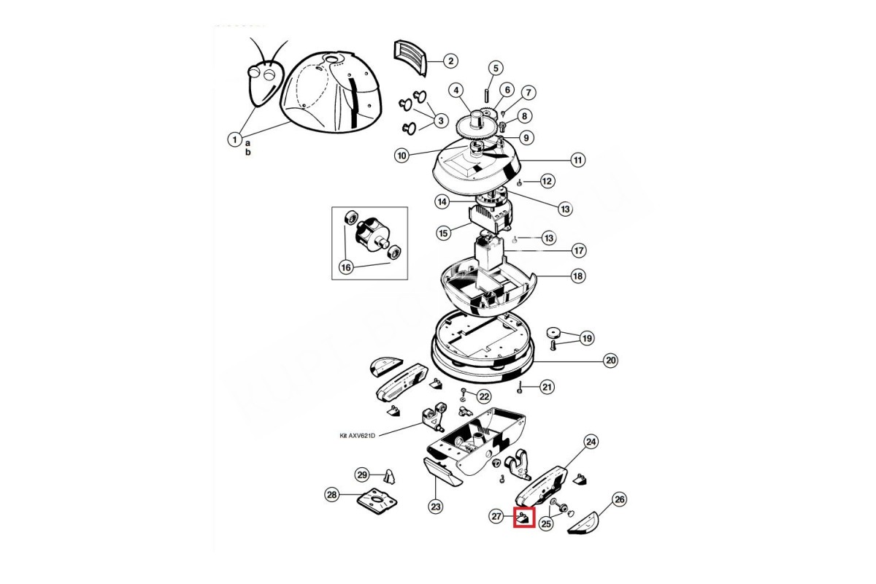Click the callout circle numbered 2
tap(450, 61)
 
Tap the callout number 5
tap(496, 69)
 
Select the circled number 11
tap(577, 160)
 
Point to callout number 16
tap(346, 268)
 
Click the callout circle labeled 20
tap(610, 361)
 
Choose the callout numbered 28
tap(331, 495)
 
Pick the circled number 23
tap(435, 507)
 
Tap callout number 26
tap(620, 499)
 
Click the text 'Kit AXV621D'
tap(357, 435)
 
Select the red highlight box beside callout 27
tap(524, 517)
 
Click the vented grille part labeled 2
tap(410, 57)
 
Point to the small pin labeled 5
tap(486, 96)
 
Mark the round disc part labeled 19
tap(553, 332)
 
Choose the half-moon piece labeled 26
tap(584, 523)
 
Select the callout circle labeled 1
tap(234, 139)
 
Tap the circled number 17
tap(579, 250)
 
